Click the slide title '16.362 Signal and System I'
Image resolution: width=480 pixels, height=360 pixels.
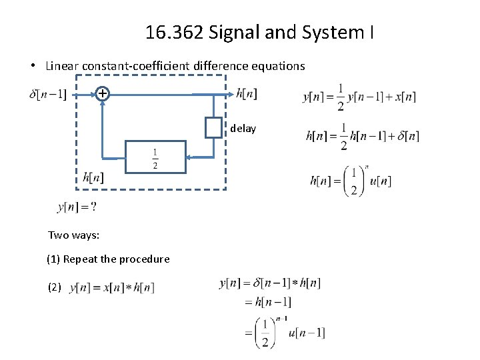pos(259,31)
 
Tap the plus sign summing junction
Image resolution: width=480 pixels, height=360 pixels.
pos(101,94)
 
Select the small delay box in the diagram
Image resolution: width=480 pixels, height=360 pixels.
pos(213,127)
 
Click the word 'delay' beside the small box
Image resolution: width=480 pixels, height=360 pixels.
pos(243,129)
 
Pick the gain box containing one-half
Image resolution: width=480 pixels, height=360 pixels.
pos(155,157)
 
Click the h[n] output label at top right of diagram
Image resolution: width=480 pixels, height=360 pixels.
pos(247,94)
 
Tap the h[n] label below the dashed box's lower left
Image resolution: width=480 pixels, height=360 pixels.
pos(93,177)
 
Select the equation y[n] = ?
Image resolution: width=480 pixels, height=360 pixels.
pos(77,207)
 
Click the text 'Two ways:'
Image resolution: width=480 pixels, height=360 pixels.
pos(73,235)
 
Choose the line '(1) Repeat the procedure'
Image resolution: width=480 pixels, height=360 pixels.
pos(108,259)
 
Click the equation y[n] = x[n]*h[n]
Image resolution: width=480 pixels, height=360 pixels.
pos(112,287)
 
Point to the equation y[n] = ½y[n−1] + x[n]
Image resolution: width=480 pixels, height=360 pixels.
pos(359,97)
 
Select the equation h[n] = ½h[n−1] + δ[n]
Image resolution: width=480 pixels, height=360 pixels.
pos(362,137)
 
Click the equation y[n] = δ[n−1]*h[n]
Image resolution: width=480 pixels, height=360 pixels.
pos(270,283)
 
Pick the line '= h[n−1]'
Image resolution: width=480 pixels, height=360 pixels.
pos(268,302)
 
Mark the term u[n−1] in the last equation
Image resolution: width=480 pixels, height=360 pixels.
pos(307,333)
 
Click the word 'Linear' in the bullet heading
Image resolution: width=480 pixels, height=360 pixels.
pos(60,66)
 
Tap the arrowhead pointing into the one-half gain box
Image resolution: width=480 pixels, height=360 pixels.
pos(189,157)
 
